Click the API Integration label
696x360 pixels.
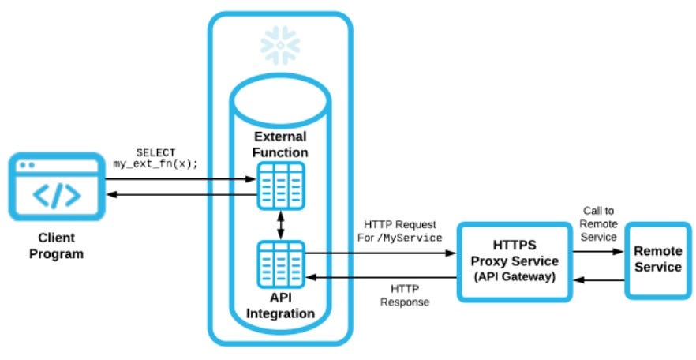[281, 306]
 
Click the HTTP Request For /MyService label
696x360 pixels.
[400, 231]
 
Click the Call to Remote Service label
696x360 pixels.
[598, 225]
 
